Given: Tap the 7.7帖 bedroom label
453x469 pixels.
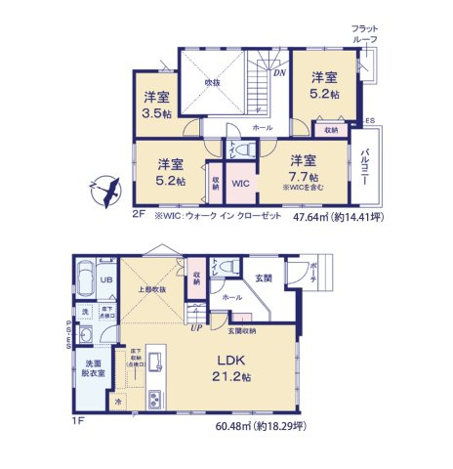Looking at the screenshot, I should pyautogui.click(x=302, y=167).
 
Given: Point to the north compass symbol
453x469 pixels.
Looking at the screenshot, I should pyautogui.click(x=104, y=188).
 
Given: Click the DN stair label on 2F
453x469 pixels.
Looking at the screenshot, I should pyautogui.click(x=278, y=71).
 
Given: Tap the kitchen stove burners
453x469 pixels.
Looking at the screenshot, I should pyautogui.click(x=157, y=400).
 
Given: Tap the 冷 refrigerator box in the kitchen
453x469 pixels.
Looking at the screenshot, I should pyautogui.click(x=121, y=402).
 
